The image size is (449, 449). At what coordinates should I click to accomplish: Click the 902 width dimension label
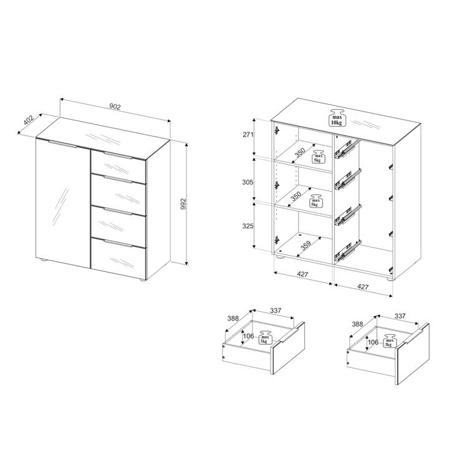[x=115, y=107]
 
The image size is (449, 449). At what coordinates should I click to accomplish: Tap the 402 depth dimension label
[x=29, y=120]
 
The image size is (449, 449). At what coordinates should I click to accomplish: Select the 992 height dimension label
[x=183, y=204]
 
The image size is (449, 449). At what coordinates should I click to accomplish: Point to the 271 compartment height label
[x=248, y=134]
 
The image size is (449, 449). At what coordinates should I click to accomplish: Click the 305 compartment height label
[x=248, y=182]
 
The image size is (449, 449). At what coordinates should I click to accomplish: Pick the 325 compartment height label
[x=248, y=226]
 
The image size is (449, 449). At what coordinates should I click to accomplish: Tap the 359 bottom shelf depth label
[x=306, y=246]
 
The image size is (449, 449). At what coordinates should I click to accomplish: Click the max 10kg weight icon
[x=337, y=117]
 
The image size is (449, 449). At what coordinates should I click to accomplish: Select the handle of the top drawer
[x=118, y=156]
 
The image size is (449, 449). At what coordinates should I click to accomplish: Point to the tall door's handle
[x=63, y=144]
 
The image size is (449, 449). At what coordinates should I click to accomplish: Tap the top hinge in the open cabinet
[x=277, y=130]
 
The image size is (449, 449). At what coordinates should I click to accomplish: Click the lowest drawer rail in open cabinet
[x=348, y=251]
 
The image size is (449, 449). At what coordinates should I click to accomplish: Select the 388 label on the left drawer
[x=233, y=319]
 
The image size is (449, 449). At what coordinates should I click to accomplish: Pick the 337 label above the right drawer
[x=400, y=316]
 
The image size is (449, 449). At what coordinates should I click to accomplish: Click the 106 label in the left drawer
[x=248, y=336]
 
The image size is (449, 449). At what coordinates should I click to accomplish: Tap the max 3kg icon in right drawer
[x=389, y=340]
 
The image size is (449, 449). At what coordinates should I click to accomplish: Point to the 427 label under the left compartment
[x=302, y=274]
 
